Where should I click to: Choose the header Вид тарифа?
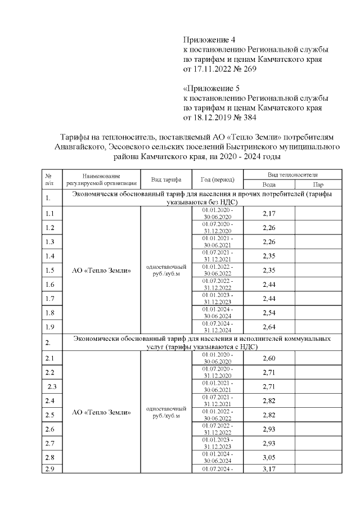166,179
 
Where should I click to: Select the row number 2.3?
53,386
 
